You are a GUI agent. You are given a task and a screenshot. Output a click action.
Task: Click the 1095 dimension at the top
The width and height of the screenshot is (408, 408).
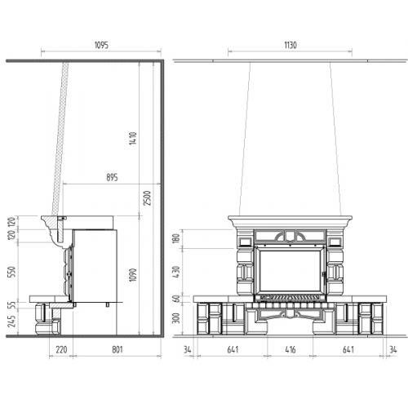pyautogui.click(x=101, y=45)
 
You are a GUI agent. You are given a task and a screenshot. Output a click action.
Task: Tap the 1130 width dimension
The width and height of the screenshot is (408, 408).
pyautogui.click(x=290, y=45)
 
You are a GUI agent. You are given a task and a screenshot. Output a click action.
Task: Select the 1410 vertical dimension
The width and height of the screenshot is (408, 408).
pyautogui.click(x=133, y=138)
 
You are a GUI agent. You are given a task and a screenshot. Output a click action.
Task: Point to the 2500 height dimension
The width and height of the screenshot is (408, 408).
pyautogui.click(x=147, y=198)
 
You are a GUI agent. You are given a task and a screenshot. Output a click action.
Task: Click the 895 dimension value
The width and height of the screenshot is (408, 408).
pyautogui.click(x=112, y=178)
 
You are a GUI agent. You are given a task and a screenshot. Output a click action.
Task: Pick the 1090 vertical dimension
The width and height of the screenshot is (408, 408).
pyautogui.click(x=133, y=275)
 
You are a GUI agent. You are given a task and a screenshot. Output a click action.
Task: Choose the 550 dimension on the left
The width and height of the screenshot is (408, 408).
pyautogui.click(x=12, y=272)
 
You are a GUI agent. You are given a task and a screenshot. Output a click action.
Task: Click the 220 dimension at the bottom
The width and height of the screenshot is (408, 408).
pyautogui.click(x=61, y=349)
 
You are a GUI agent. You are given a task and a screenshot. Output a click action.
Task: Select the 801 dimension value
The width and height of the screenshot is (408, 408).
pyautogui.click(x=118, y=349)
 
